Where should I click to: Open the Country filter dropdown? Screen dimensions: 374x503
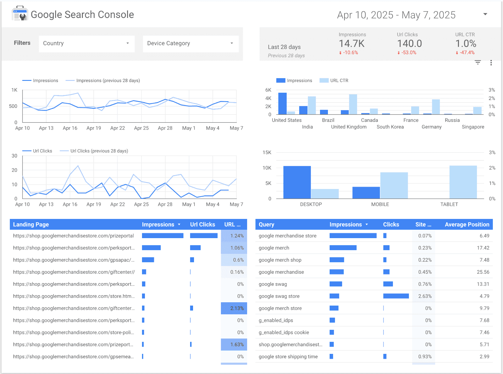tap(86, 43)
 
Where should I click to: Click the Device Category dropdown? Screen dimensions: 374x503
tap(191, 43)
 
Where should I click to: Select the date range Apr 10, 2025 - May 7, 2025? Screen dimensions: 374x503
tap(396, 15)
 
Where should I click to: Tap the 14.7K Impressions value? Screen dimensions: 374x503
tap(351, 43)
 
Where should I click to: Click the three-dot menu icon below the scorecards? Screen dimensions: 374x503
tap(491, 63)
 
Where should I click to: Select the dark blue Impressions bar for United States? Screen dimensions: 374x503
tap(282, 103)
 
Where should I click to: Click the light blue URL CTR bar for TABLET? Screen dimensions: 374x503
tap(463, 182)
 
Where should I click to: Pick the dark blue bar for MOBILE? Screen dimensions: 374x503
tap(366, 193)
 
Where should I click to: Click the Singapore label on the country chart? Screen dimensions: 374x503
tap(473, 127)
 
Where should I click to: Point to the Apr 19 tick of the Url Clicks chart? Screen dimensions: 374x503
tap(94, 204)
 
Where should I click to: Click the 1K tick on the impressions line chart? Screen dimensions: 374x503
tap(14, 90)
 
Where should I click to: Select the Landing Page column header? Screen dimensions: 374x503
tap(31, 225)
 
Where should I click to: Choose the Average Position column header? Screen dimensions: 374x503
tap(467, 225)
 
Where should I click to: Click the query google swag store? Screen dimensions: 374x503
tap(279, 296)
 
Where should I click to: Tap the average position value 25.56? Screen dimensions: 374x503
tap(483, 272)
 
